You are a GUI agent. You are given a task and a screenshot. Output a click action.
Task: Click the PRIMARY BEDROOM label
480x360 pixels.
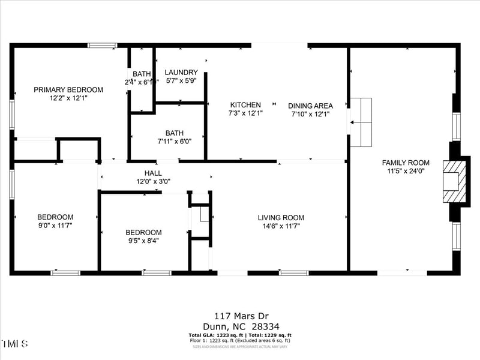68,90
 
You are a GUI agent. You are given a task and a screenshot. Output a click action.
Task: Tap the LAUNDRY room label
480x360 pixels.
181,73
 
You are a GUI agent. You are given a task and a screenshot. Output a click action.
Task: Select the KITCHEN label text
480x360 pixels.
245,105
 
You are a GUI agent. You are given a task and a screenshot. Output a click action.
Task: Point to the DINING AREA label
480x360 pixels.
310,106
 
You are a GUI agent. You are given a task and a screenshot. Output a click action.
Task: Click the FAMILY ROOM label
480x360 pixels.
406,163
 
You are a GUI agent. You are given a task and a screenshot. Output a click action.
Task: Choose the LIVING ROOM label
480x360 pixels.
281,218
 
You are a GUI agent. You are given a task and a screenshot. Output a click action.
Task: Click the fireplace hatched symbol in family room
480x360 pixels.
454,181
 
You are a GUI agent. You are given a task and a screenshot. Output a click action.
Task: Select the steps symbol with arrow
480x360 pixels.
361,122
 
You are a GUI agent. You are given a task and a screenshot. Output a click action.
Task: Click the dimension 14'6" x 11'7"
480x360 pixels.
281,226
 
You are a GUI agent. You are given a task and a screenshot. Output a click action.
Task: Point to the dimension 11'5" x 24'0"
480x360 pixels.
406,171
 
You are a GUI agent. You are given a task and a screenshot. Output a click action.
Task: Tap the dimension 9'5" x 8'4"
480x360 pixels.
143,241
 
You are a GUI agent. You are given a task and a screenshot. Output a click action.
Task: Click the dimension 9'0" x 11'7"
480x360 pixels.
55,226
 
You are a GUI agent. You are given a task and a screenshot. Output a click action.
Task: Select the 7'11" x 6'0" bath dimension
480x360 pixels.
175,142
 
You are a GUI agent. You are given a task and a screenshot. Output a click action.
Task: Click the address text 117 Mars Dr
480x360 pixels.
239,315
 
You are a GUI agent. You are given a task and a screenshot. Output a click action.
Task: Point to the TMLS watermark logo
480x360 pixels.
14,344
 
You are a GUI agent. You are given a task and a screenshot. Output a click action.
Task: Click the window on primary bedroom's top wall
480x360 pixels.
102,45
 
